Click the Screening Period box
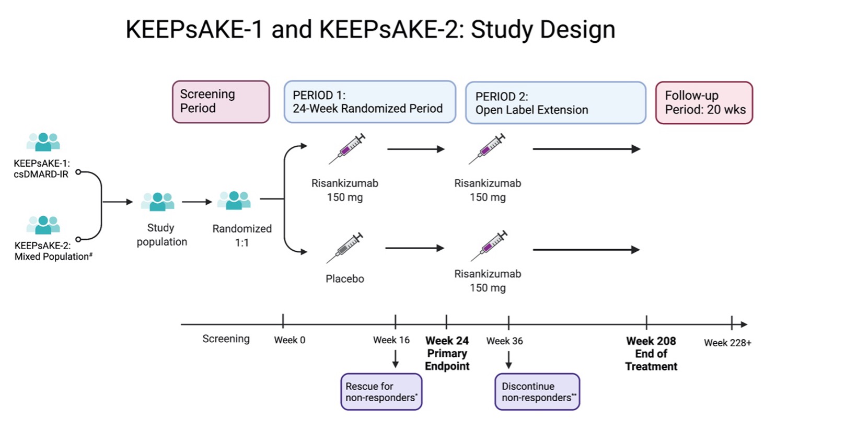[221, 102]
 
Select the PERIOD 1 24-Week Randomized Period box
[369, 102]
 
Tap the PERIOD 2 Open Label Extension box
[555, 103]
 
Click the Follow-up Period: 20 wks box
[704, 103]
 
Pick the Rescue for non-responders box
[381, 392]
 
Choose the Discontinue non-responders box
[537, 392]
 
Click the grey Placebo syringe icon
[344, 248]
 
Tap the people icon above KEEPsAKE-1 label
[43, 142]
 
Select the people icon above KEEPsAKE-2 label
[43, 225]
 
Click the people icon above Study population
[158, 202]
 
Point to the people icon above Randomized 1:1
[234, 200]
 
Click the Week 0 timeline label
[289, 340]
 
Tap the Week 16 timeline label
[391, 340]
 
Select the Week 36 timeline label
[504, 341]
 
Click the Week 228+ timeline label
[727, 343]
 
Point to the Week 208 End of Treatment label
[651, 354]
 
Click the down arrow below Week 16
[396, 359]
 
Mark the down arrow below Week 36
[508, 360]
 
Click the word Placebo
[344, 279]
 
